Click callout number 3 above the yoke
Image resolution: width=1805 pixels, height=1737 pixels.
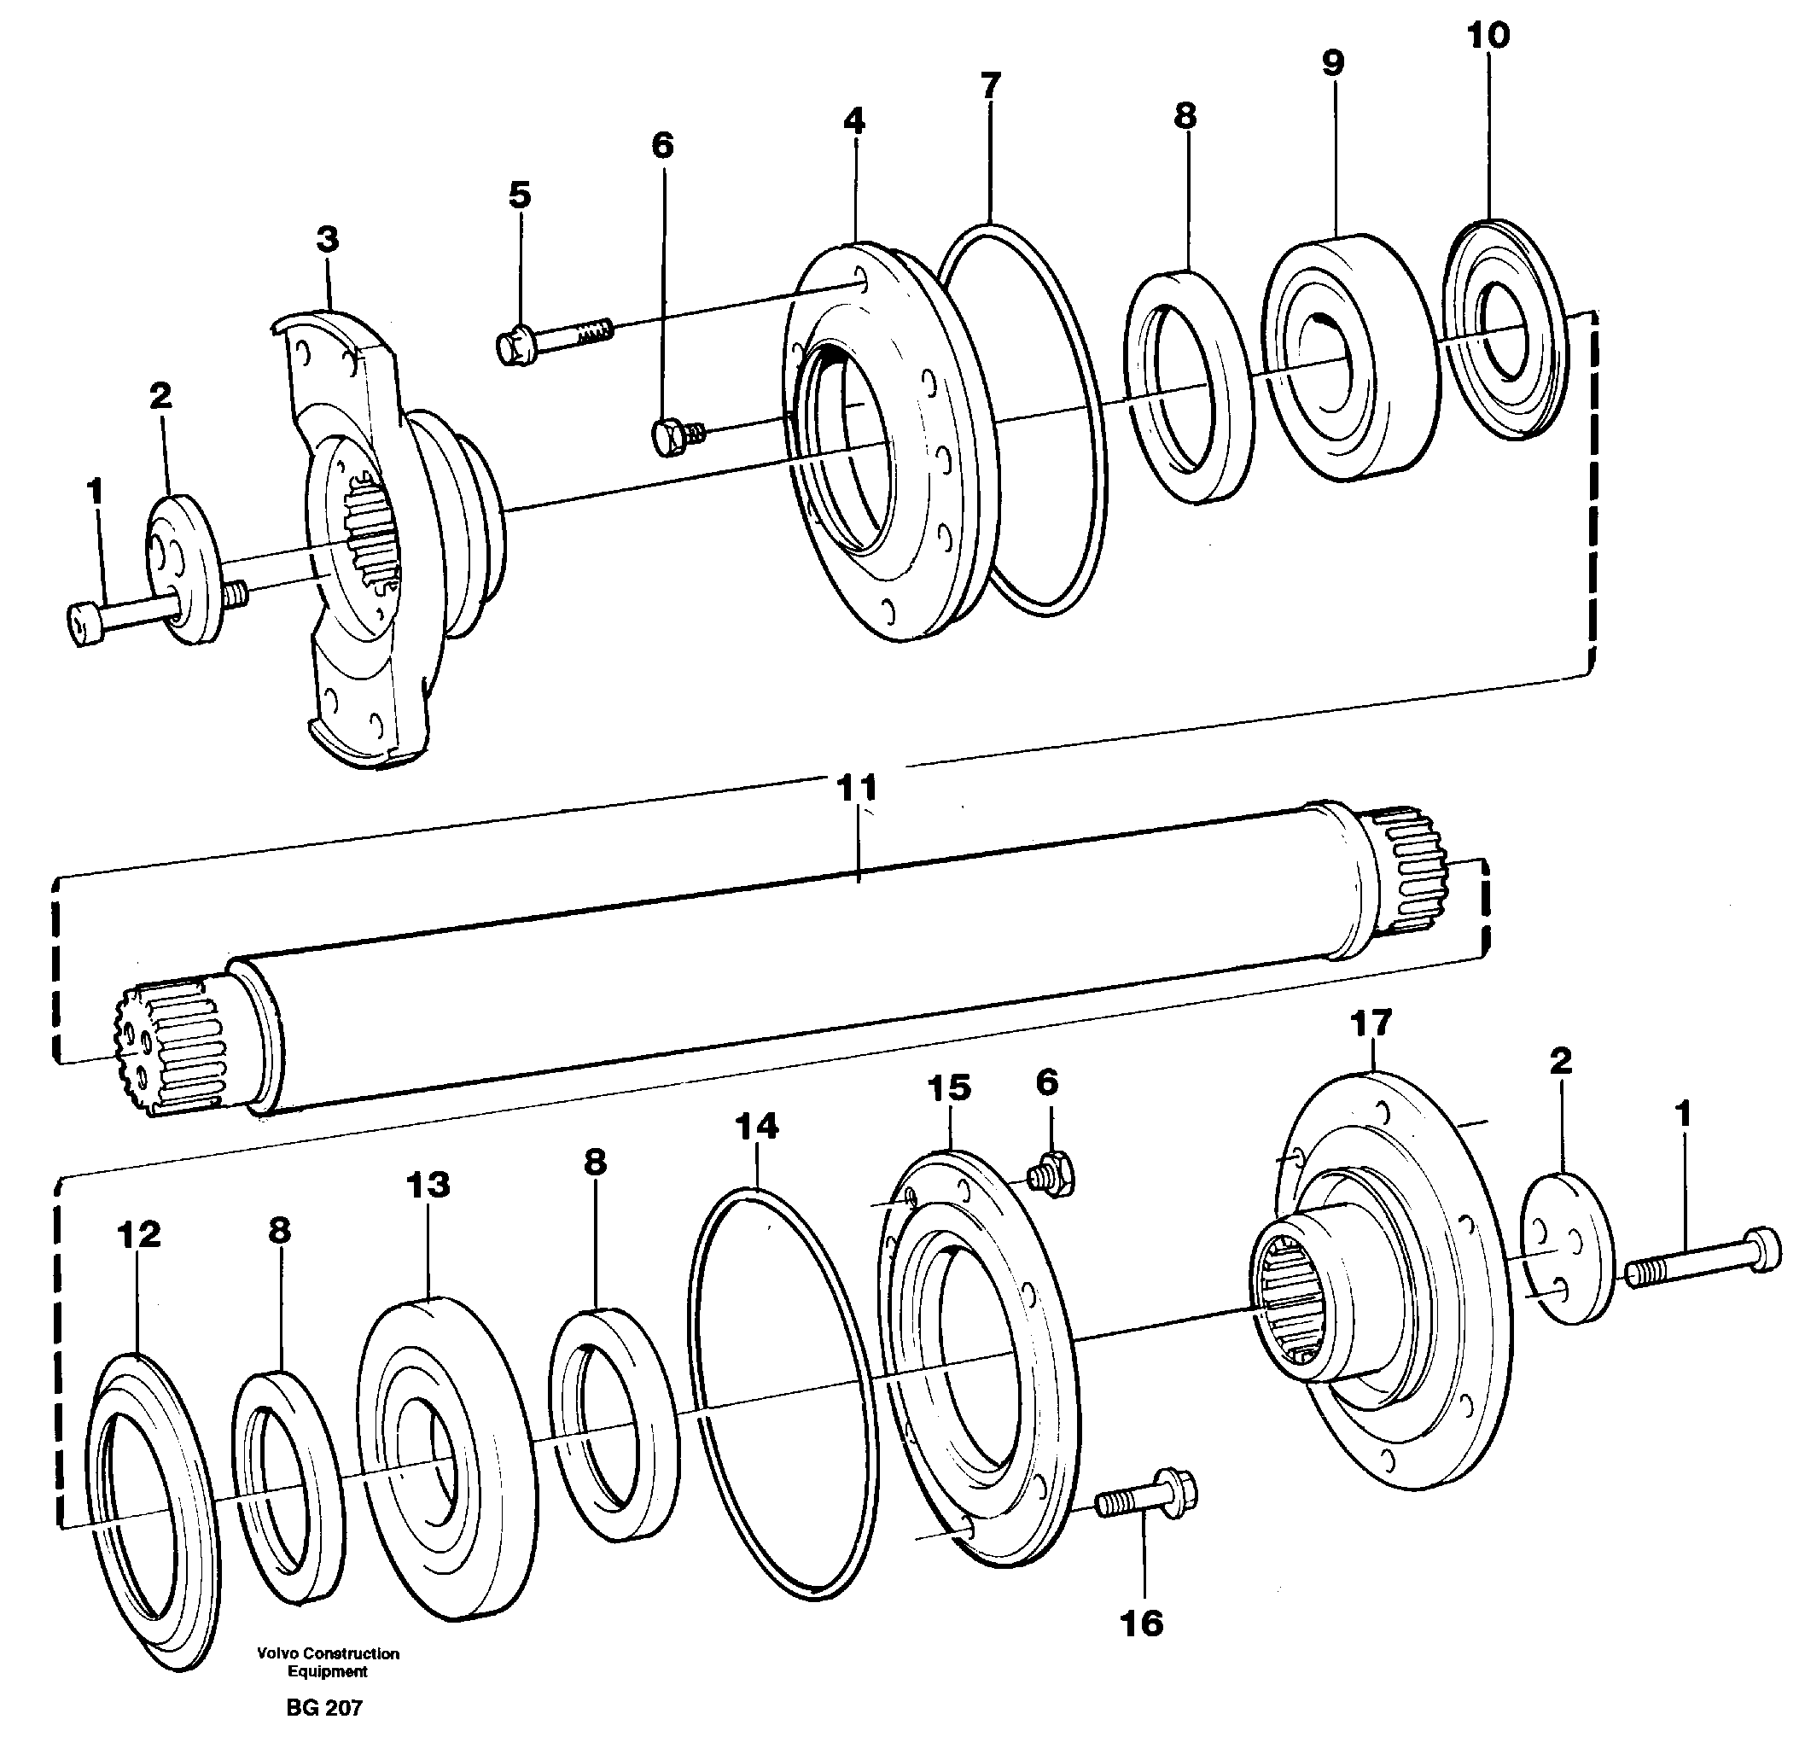click(x=327, y=241)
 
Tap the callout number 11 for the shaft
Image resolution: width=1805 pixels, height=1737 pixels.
click(x=857, y=789)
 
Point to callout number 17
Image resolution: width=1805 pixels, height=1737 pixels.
click(x=1371, y=1023)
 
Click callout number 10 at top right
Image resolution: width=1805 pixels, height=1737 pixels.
click(x=1488, y=35)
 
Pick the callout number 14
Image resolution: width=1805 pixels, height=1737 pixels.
click(x=756, y=1127)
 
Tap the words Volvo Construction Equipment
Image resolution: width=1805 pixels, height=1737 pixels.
click(x=328, y=1663)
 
